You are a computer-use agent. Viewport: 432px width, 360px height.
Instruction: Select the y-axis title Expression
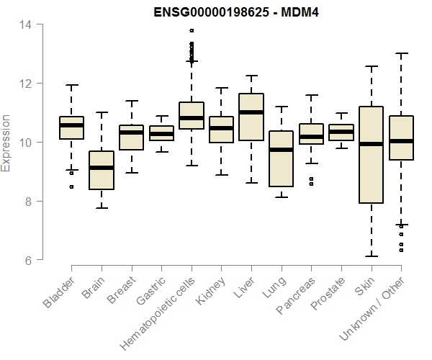pos(6,143)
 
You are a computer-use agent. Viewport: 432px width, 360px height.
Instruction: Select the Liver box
pos(251,117)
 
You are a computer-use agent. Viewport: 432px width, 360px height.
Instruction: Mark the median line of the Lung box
pos(281,150)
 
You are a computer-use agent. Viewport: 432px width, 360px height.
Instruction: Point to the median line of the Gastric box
pos(161,134)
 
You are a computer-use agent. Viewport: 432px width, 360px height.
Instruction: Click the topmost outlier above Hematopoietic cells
pos(192,31)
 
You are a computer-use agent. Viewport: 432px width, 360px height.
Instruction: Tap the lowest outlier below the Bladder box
pos(71,186)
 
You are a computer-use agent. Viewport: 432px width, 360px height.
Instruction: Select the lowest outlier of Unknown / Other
pos(401,250)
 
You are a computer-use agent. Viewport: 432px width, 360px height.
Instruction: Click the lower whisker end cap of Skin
pos(371,256)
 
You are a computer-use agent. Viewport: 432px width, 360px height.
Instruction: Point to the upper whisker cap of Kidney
pos(221,88)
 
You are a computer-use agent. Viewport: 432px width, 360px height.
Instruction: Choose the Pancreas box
pos(311,135)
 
